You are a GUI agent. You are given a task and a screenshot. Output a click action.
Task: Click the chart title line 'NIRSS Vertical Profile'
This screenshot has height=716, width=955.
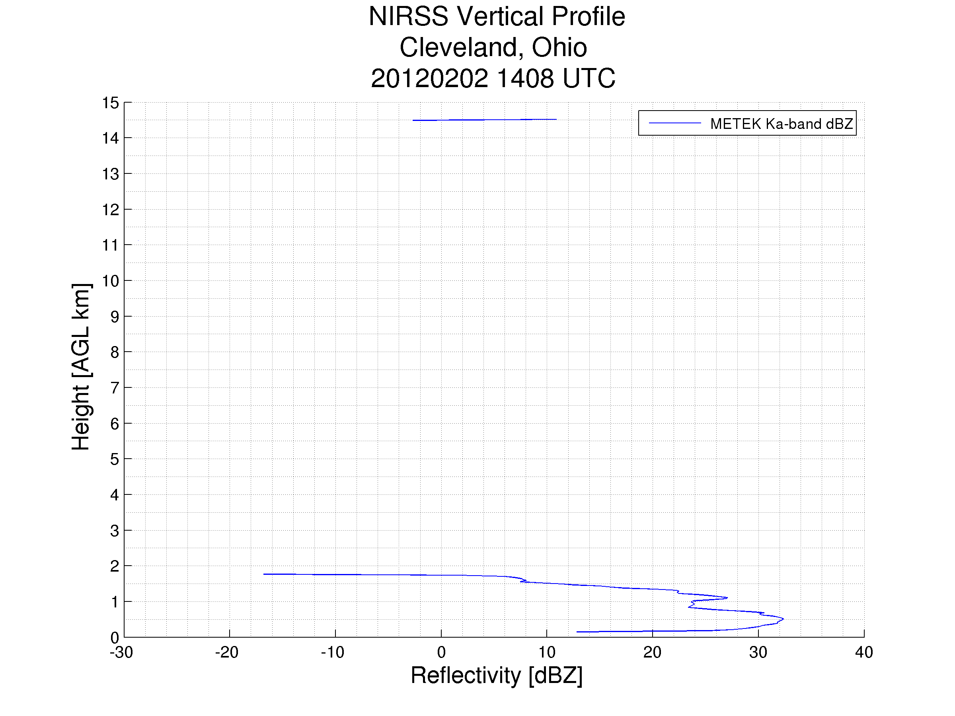497,17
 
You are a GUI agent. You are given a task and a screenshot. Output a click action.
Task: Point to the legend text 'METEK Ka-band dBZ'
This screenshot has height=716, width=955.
782,124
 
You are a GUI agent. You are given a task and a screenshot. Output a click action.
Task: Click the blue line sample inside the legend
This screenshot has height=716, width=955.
675,123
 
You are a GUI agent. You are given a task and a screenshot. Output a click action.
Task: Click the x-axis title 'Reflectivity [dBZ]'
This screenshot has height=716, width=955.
497,675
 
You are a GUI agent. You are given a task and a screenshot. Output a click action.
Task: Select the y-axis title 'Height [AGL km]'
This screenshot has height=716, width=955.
81,367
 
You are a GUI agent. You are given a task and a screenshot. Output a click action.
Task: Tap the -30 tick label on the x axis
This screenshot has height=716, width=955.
121,652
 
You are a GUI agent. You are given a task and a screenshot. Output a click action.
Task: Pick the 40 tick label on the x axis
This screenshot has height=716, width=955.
864,652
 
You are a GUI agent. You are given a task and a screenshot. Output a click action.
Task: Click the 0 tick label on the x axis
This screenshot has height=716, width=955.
441,652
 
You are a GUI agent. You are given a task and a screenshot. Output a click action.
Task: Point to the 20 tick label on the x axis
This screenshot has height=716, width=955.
652,652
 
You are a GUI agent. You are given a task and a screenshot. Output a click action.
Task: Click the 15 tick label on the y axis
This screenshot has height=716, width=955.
110,103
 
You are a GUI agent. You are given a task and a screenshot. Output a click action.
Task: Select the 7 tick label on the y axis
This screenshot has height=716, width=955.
115,388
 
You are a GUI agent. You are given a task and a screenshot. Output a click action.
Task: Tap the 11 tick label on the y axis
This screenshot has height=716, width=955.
110,245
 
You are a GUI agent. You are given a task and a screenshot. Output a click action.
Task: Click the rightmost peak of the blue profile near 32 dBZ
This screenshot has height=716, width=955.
783,619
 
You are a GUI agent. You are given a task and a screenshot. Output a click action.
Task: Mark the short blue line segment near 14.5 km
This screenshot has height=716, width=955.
484,120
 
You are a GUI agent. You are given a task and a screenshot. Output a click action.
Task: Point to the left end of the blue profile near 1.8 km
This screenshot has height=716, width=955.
264,574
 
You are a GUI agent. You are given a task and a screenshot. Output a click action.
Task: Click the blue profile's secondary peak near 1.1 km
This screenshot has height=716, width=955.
727,598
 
